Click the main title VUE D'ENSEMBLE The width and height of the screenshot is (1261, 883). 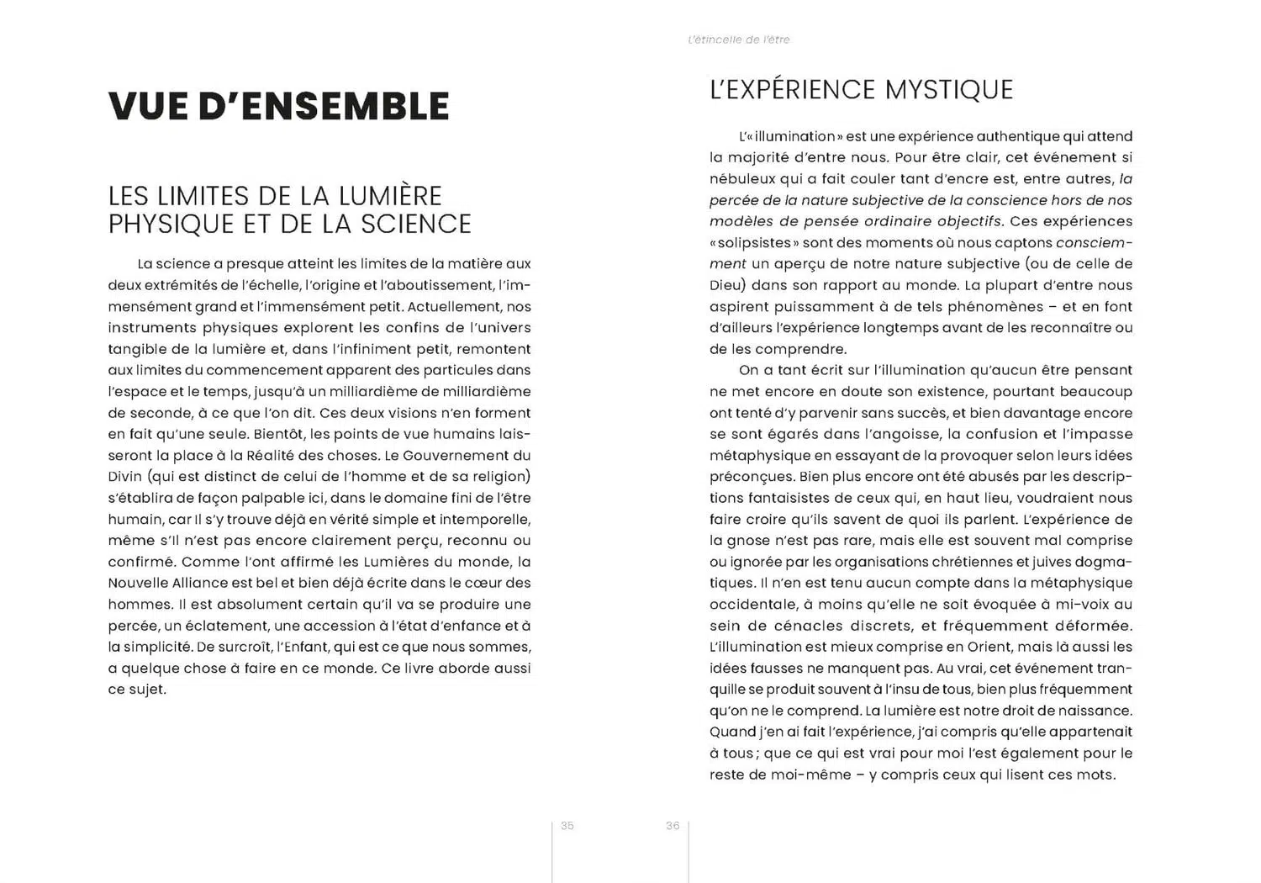point(278,106)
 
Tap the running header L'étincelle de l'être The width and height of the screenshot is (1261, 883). point(738,40)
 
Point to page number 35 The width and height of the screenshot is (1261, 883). point(567,826)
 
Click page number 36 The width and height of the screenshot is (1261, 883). point(673,826)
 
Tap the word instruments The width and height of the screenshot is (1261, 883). point(151,328)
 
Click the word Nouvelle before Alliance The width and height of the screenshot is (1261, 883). point(138,583)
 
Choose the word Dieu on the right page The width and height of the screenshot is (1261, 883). point(728,285)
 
